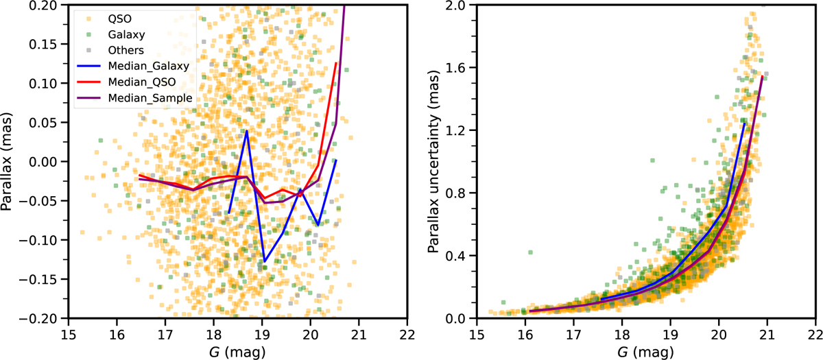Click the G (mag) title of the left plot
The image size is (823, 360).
tap(237, 351)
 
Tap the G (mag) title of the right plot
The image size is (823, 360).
tap(645, 351)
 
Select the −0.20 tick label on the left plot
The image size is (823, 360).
tap(46, 318)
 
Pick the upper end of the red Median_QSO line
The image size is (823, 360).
tap(336, 63)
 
